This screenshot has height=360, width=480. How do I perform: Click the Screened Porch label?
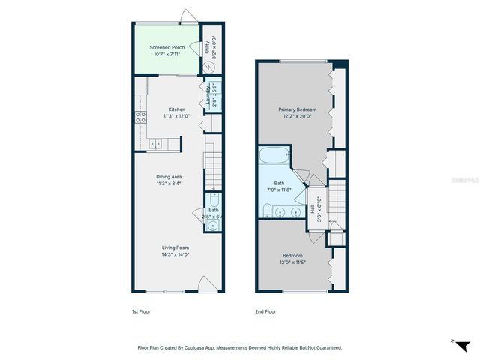point(166,47)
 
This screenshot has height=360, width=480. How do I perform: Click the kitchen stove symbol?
point(139,116)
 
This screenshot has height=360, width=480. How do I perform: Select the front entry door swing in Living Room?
point(206,283)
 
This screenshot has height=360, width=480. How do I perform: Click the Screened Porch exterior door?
point(187,16)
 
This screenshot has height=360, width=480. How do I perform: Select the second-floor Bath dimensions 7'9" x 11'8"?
point(279,190)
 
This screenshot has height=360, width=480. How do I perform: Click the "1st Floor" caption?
point(140,311)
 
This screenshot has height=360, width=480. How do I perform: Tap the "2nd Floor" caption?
point(266,311)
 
